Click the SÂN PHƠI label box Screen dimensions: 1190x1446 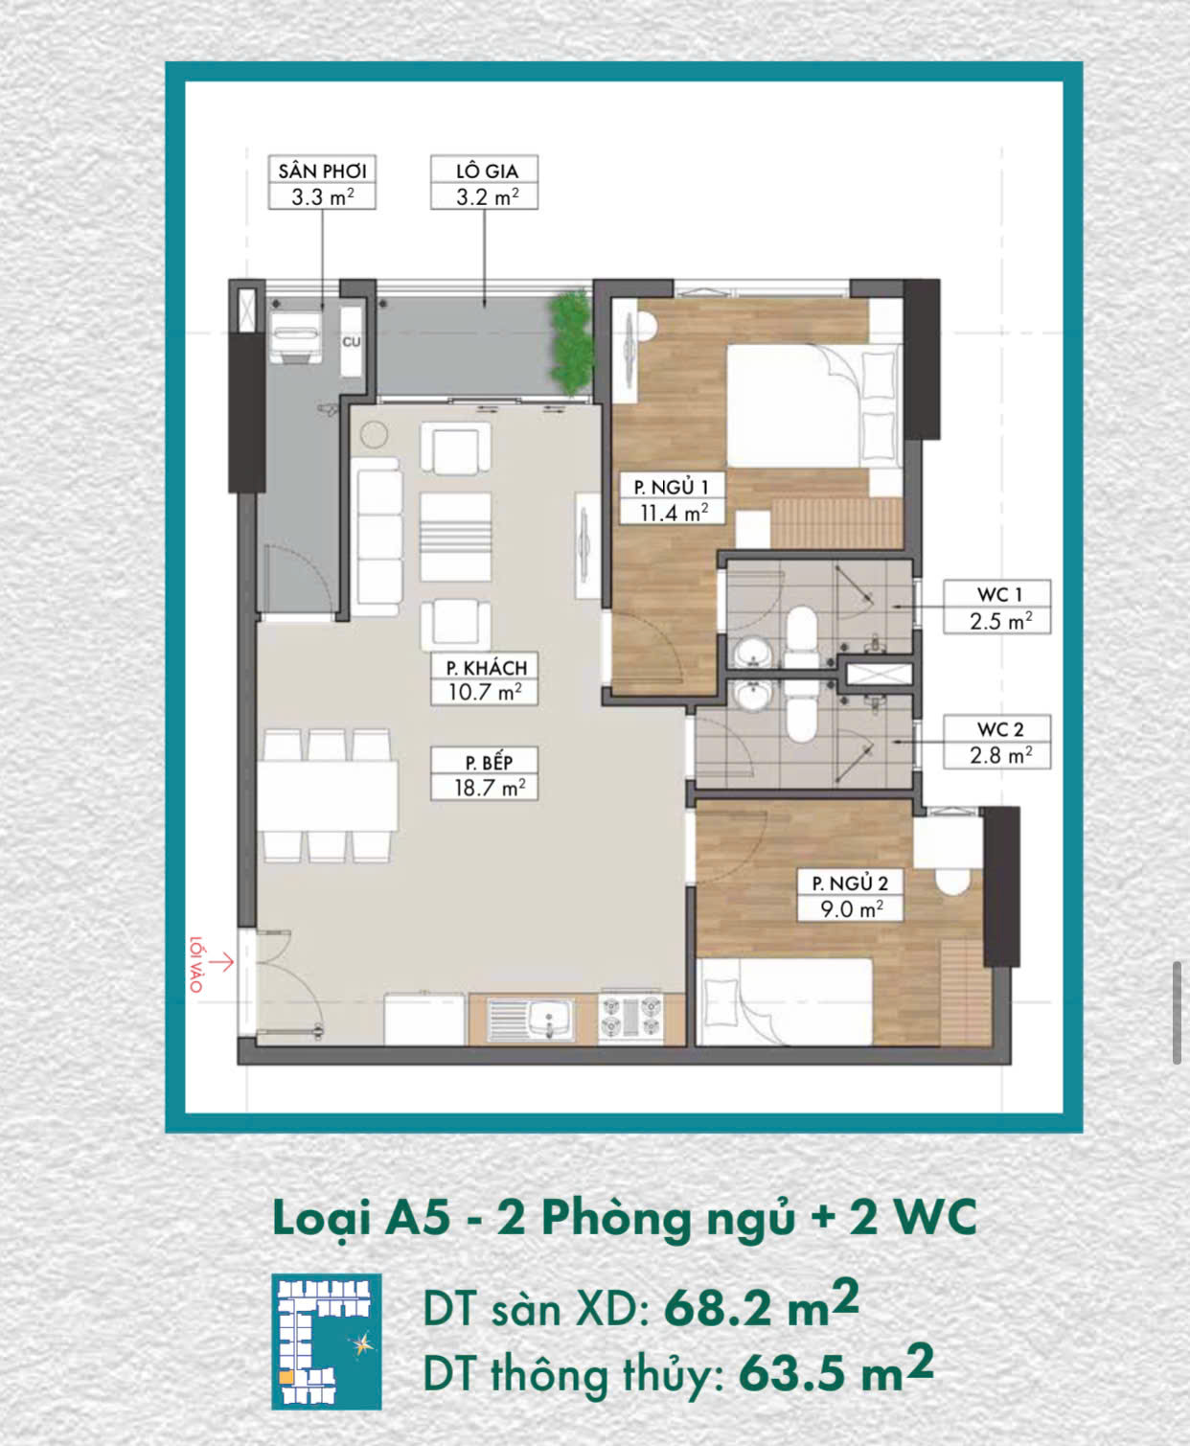[x=322, y=182]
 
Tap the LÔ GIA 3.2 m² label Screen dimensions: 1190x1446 [x=484, y=182]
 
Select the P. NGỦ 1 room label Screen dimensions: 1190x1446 [x=672, y=500]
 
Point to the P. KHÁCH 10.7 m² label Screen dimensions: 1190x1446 [x=484, y=679]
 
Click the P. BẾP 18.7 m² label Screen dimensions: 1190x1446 [x=484, y=774]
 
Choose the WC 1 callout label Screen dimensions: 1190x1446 [x=996, y=607]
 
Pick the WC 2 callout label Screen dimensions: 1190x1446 [x=996, y=742]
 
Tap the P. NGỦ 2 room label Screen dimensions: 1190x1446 [x=850, y=895]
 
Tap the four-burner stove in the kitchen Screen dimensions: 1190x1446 [x=630, y=1018]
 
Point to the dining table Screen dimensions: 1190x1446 [x=327, y=796]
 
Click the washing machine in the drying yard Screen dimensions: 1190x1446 [x=295, y=336]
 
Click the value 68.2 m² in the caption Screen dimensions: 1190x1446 [x=761, y=1307]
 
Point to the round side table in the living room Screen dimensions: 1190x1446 [x=375, y=434]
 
